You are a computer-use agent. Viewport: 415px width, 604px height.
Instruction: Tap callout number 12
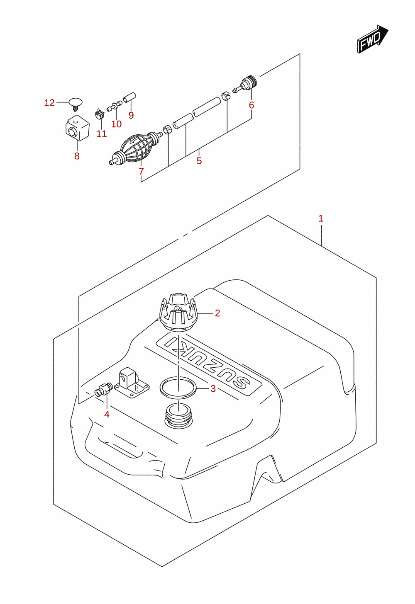pos(49,103)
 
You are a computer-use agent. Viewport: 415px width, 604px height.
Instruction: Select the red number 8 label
pos(77,156)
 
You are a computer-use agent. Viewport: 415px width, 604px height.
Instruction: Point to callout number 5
pos(199,161)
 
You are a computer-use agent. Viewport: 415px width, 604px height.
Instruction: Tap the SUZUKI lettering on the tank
pos(209,365)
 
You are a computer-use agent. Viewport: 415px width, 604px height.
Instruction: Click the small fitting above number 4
pos(103,390)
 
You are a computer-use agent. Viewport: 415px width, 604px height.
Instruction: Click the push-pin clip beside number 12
pos(76,104)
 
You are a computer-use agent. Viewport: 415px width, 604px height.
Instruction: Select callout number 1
pos(321,218)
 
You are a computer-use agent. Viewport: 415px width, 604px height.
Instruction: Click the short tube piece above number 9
pos(129,97)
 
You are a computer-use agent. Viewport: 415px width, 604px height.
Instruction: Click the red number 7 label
pos(141,171)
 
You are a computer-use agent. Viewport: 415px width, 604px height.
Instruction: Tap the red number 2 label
pos(217,313)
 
